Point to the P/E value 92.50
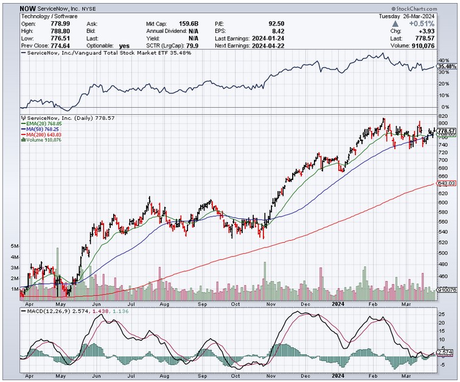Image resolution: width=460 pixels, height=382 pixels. pyautogui.click(x=276, y=23)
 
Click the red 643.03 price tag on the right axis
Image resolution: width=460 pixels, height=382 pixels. pyautogui.click(x=447, y=183)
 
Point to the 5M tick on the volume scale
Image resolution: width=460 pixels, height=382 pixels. pyautogui.click(x=15, y=246)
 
